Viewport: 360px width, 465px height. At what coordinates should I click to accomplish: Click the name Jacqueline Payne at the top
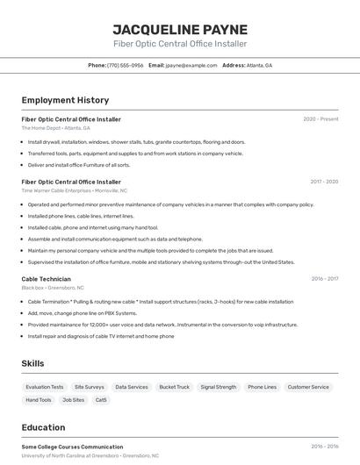(x=180, y=29)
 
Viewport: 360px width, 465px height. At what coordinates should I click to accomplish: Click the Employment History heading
(x=65, y=100)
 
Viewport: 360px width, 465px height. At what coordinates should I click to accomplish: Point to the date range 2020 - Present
(x=320, y=119)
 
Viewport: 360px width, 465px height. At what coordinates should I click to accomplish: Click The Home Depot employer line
(x=56, y=128)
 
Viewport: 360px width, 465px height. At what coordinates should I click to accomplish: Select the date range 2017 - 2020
(x=323, y=182)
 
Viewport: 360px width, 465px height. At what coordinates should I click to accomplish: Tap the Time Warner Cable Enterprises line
(x=75, y=190)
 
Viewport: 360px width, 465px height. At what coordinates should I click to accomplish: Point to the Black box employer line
(x=53, y=288)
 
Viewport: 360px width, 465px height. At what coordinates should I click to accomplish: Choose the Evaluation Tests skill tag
(x=45, y=387)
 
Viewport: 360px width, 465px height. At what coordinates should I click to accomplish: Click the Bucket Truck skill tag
(x=174, y=387)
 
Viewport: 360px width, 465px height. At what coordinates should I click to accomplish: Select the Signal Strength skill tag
(x=218, y=387)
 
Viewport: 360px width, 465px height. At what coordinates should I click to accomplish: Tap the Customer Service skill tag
(x=308, y=387)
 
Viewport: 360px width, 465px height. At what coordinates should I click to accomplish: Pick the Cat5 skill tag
(x=101, y=400)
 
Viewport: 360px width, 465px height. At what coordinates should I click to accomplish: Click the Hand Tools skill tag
(x=39, y=400)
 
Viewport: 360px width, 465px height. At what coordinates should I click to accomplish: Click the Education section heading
(x=43, y=428)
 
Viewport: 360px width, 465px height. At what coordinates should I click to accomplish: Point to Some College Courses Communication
(x=72, y=447)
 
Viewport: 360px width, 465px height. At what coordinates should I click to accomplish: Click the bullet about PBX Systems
(x=83, y=313)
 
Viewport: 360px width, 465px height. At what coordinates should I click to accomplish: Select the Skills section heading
(x=32, y=363)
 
